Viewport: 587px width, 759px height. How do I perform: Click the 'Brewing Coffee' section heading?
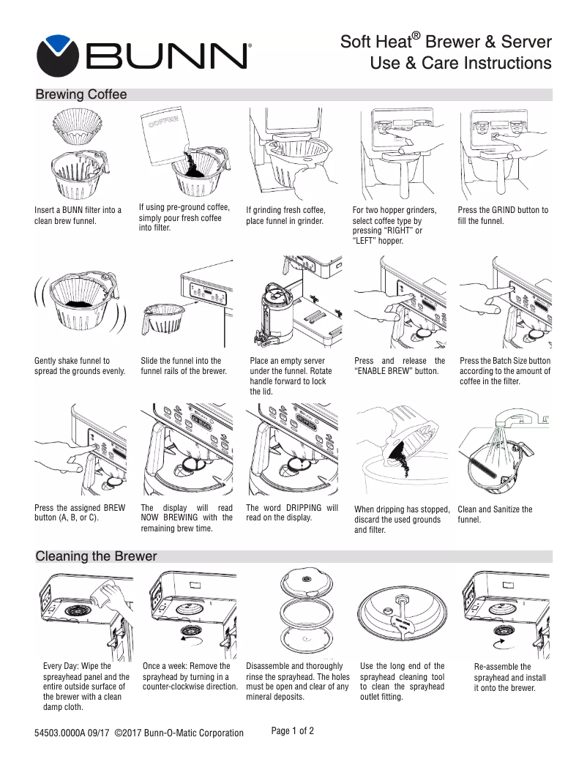pos(81,95)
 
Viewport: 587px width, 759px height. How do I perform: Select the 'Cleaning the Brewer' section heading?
pos(96,556)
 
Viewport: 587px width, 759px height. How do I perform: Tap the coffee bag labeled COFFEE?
pos(163,136)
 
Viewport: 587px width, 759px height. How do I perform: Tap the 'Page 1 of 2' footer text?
pos(293,730)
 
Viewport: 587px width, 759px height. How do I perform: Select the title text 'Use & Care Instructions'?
pos(460,64)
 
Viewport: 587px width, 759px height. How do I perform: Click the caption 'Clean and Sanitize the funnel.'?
pos(495,515)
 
